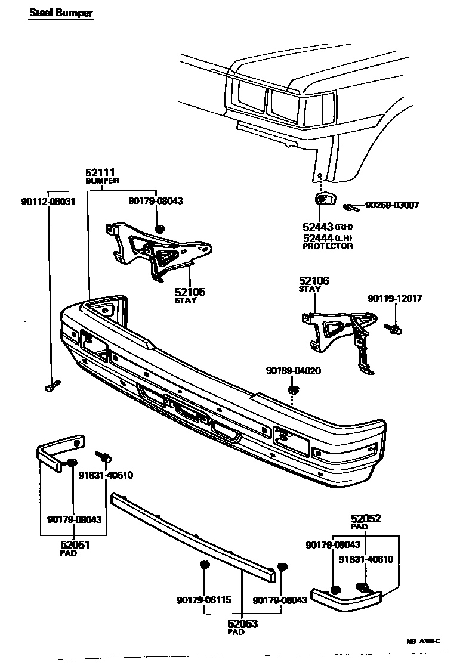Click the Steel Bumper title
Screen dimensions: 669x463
click(60, 13)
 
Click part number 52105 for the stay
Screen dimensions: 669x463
click(190, 292)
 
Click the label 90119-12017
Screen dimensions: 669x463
click(394, 299)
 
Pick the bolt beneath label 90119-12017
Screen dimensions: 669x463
click(394, 328)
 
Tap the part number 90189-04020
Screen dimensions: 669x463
click(293, 370)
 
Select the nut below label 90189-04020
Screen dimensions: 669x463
click(293, 391)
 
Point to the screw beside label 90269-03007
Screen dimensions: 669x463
click(350, 207)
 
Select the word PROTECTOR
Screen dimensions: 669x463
click(327, 246)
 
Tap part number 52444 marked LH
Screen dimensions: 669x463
click(319, 237)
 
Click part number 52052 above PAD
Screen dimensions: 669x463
click(366, 519)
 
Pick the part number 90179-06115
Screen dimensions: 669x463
click(203, 600)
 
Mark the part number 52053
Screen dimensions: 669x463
click(242, 624)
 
